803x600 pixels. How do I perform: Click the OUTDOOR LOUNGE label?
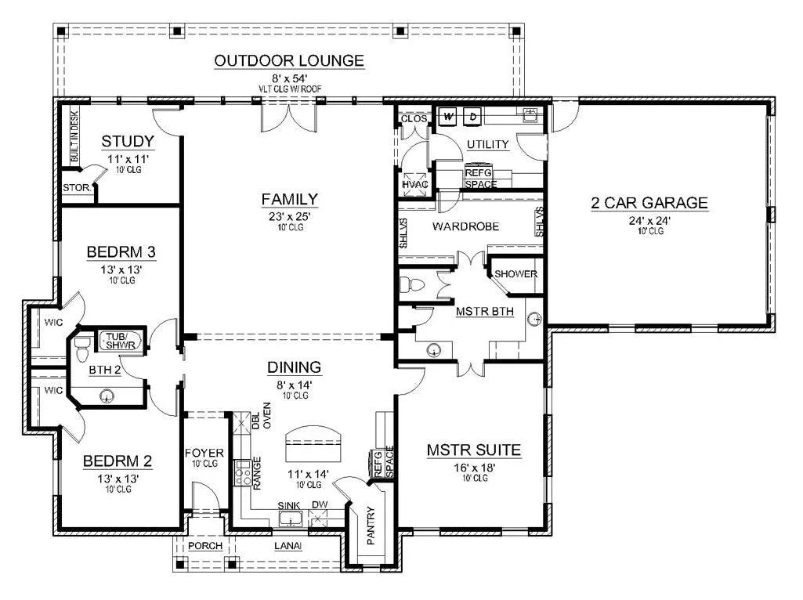click(289, 60)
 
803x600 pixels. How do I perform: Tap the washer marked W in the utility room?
click(448, 116)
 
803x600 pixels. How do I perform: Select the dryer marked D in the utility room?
click(472, 116)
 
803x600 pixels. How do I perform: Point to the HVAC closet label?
click(414, 184)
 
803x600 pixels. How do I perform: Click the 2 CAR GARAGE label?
click(649, 203)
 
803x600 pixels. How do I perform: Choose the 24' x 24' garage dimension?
click(650, 221)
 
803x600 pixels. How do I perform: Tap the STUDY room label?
click(128, 141)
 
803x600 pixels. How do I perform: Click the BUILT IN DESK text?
click(74, 136)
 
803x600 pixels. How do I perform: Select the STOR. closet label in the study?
click(77, 188)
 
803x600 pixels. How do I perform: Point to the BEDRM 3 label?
click(121, 252)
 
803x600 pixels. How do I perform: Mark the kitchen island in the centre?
click(313, 444)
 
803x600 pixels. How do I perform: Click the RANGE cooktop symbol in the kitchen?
click(242, 472)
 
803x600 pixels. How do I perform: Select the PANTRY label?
click(371, 526)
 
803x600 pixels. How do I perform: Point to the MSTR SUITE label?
click(474, 450)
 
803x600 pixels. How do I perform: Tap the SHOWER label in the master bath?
click(515, 274)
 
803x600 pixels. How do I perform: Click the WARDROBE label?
click(465, 226)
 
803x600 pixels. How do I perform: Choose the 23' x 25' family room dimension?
click(290, 216)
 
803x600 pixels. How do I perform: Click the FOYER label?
click(204, 453)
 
